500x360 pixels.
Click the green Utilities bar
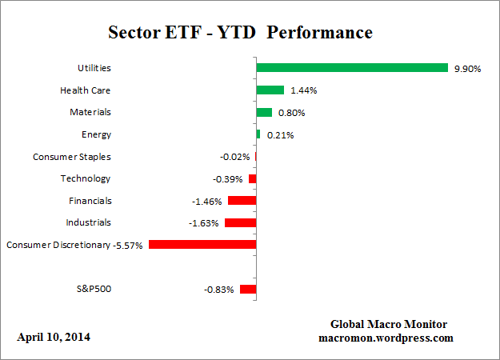point(352,68)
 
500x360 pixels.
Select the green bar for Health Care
point(270,90)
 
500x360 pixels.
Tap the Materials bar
point(264,113)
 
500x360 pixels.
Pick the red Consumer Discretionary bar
point(202,245)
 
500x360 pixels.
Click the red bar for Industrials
point(240,222)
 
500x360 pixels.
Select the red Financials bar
point(242,201)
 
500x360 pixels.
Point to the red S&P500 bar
point(247,289)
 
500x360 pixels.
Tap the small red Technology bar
point(252,178)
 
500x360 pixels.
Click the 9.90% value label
point(466,69)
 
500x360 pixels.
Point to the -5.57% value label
point(128,245)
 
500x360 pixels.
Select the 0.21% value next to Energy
point(280,135)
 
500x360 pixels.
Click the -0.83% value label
point(218,289)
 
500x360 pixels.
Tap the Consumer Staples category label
point(72,157)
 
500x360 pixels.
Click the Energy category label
point(96,134)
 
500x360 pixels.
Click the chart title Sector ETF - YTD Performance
point(240,34)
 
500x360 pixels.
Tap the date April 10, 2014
point(54,337)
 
